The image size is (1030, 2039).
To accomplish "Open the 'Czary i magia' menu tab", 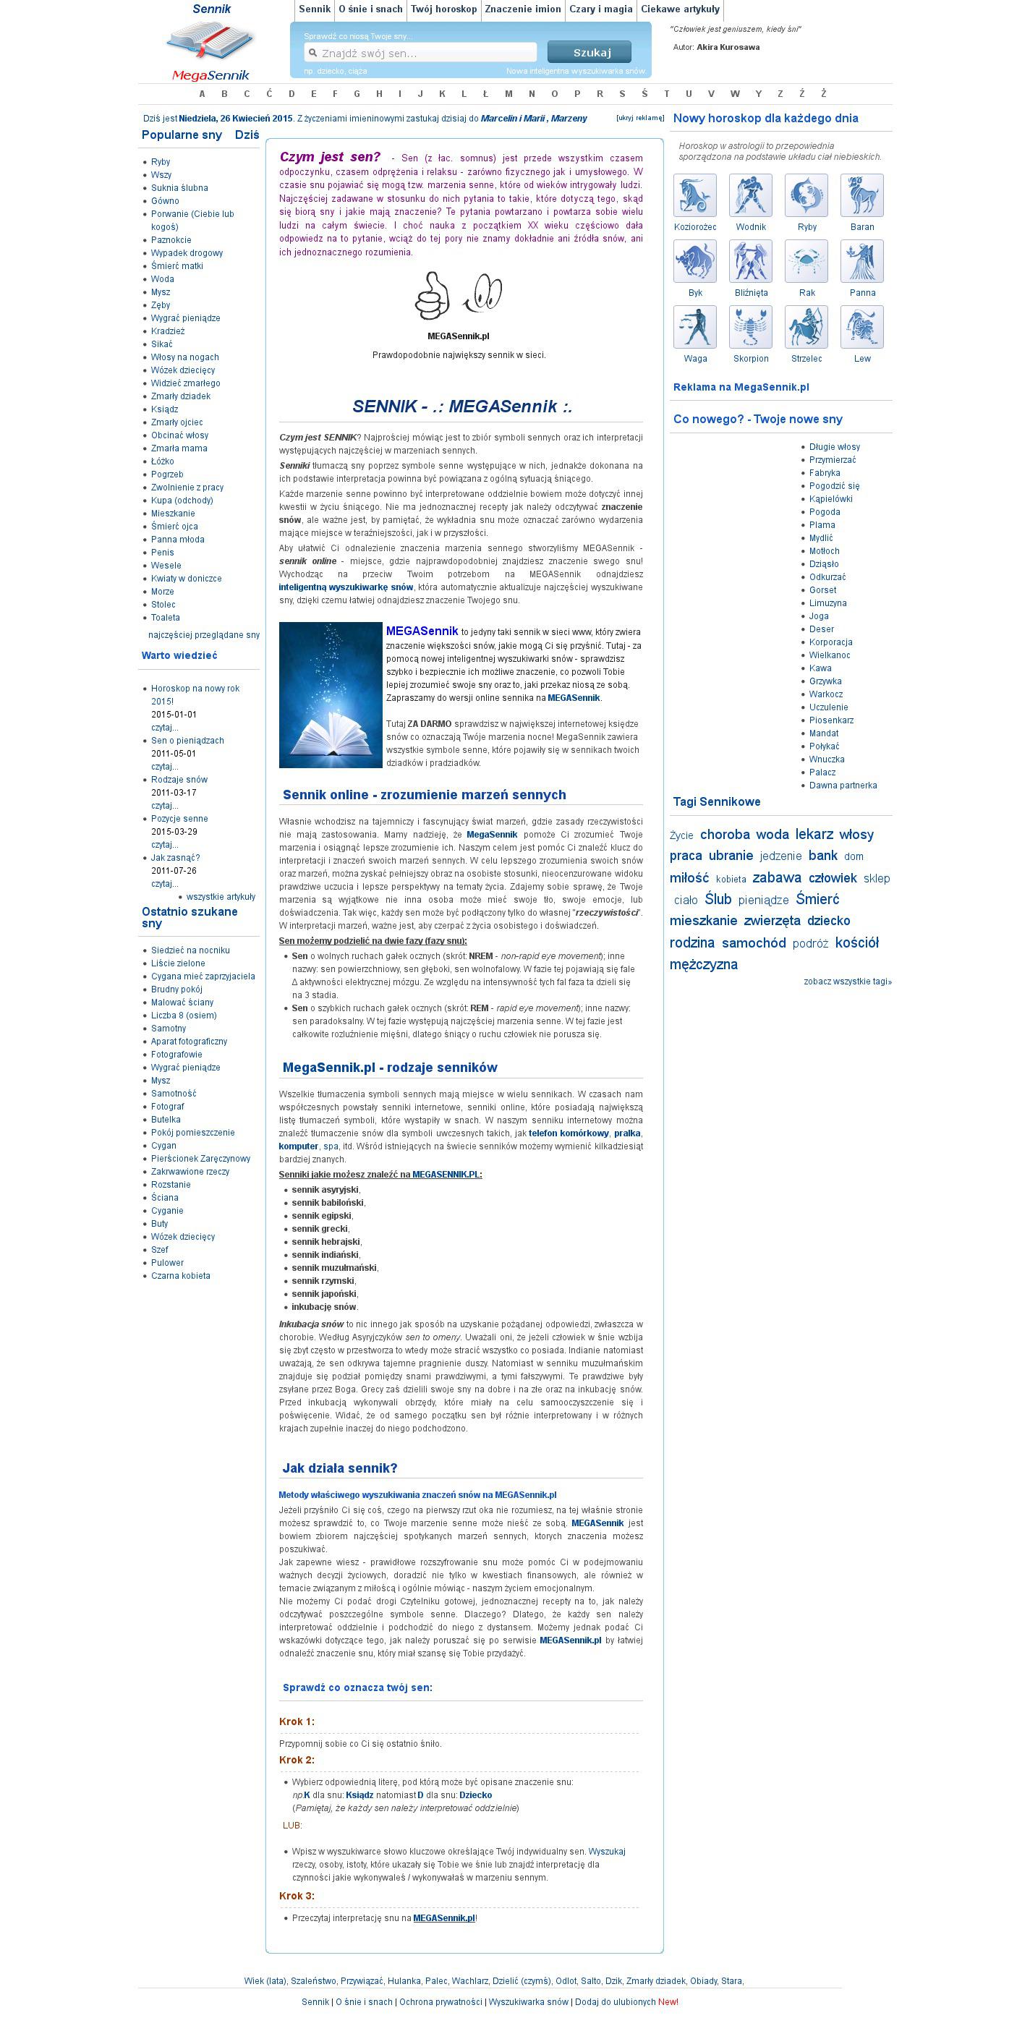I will click(601, 9).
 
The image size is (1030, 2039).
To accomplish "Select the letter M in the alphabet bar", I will click(508, 93).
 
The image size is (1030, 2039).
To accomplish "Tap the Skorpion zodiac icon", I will click(751, 326).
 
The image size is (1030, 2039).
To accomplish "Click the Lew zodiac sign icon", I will click(861, 326).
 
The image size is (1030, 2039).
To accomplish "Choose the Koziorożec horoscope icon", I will click(694, 195).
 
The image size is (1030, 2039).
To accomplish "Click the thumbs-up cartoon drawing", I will click(433, 295).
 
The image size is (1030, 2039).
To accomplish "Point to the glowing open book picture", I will click(330, 695).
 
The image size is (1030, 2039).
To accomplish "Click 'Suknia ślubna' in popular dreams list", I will click(179, 187).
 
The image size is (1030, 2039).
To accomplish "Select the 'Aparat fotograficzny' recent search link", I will click(190, 1041).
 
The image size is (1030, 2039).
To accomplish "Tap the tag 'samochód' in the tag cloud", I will click(754, 942).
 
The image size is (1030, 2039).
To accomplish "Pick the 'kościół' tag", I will click(856, 942).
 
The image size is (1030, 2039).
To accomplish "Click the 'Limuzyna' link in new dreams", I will click(827, 603).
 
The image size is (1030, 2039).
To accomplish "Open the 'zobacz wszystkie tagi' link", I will click(847, 982).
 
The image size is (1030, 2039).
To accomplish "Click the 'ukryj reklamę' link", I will click(639, 118).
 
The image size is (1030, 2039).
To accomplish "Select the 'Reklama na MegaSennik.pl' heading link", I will click(741, 387).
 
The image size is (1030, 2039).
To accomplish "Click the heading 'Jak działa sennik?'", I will click(340, 1468).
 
